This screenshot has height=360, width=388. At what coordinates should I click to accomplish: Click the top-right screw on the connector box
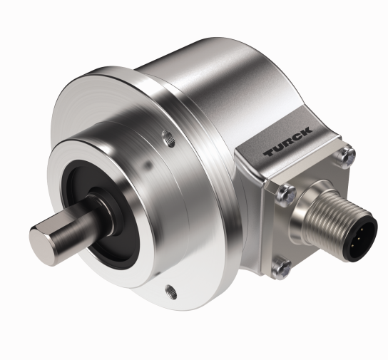coord(347,153)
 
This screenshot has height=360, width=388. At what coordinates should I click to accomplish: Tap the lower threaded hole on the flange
coord(170,289)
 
